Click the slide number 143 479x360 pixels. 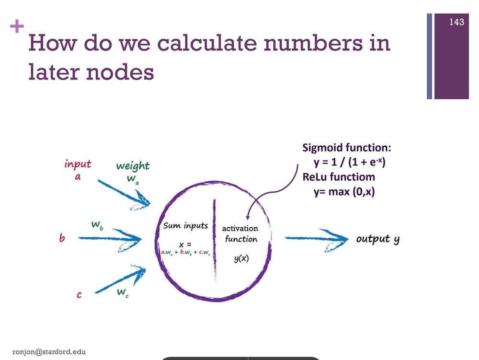click(457, 22)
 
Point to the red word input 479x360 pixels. click(78, 164)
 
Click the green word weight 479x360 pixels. click(132, 166)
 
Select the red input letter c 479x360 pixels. click(80, 295)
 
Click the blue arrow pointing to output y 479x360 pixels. click(316, 238)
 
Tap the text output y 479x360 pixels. click(377, 239)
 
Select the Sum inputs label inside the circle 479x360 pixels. click(185, 225)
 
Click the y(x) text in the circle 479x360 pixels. click(240, 259)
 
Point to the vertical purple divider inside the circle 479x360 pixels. click(216, 240)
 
